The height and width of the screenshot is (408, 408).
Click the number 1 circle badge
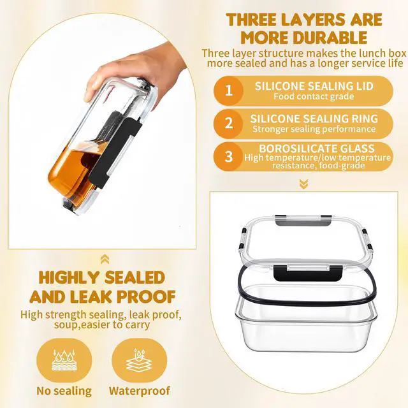point(229,91)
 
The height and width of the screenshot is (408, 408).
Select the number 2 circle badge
point(229,123)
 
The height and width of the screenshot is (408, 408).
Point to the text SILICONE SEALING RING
point(314,119)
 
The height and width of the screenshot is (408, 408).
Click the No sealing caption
point(64,390)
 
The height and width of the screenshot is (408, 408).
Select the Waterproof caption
point(140,390)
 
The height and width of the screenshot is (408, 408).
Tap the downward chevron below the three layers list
point(303,184)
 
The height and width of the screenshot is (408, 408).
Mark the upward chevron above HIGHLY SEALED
point(104,258)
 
